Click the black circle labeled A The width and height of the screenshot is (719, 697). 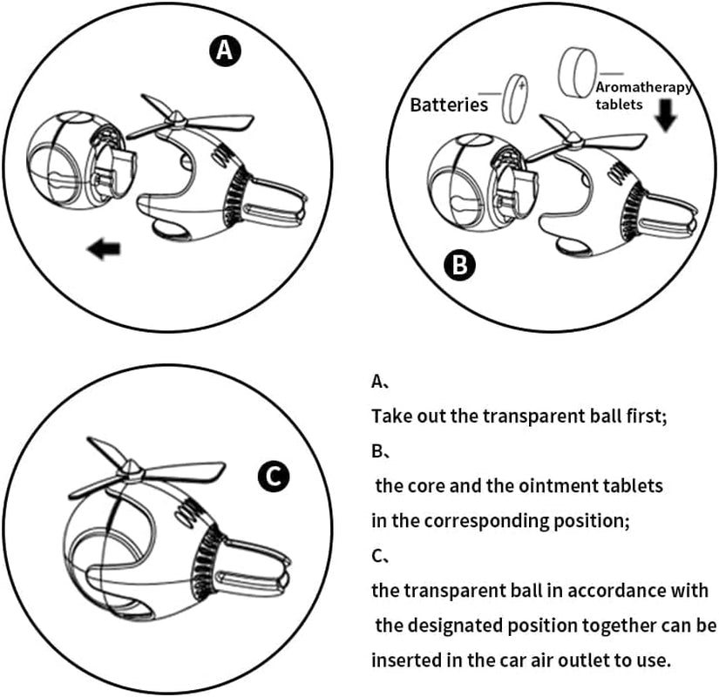pos(225,51)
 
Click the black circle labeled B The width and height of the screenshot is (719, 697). pos(458,264)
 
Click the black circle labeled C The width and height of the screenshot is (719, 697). pos(273,477)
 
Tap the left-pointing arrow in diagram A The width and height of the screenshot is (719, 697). pos(105,251)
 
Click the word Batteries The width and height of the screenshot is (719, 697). pos(449,105)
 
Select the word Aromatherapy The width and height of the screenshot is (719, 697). pos(644,87)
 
